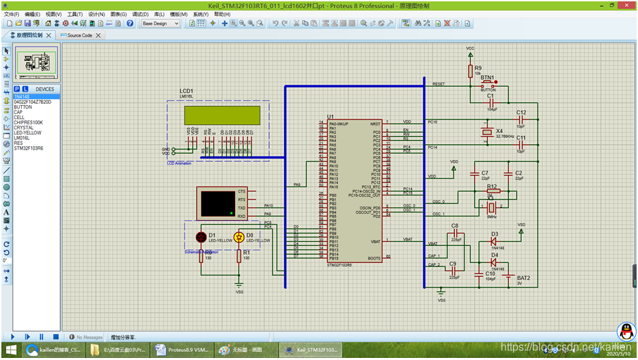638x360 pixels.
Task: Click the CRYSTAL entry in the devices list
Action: click(23, 128)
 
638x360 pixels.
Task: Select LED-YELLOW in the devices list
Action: click(27, 133)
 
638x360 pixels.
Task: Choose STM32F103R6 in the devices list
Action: click(28, 148)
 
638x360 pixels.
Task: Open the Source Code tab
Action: click(80, 36)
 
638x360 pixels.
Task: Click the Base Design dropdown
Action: click(160, 23)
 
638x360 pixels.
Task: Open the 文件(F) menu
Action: click(12, 14)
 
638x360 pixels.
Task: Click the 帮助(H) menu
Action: click(222, 14)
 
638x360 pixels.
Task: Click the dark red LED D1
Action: click(201, 237)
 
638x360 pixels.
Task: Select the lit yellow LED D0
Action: click(239, 237)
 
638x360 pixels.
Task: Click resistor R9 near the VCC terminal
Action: click(470, 71)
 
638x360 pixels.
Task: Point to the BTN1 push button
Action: click(488, 83)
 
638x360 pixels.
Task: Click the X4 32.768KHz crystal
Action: click(486, 132)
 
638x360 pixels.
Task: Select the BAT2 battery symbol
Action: click(509, 277)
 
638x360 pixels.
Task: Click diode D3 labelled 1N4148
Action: click(494, 241)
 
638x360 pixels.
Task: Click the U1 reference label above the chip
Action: click(331, 117)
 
